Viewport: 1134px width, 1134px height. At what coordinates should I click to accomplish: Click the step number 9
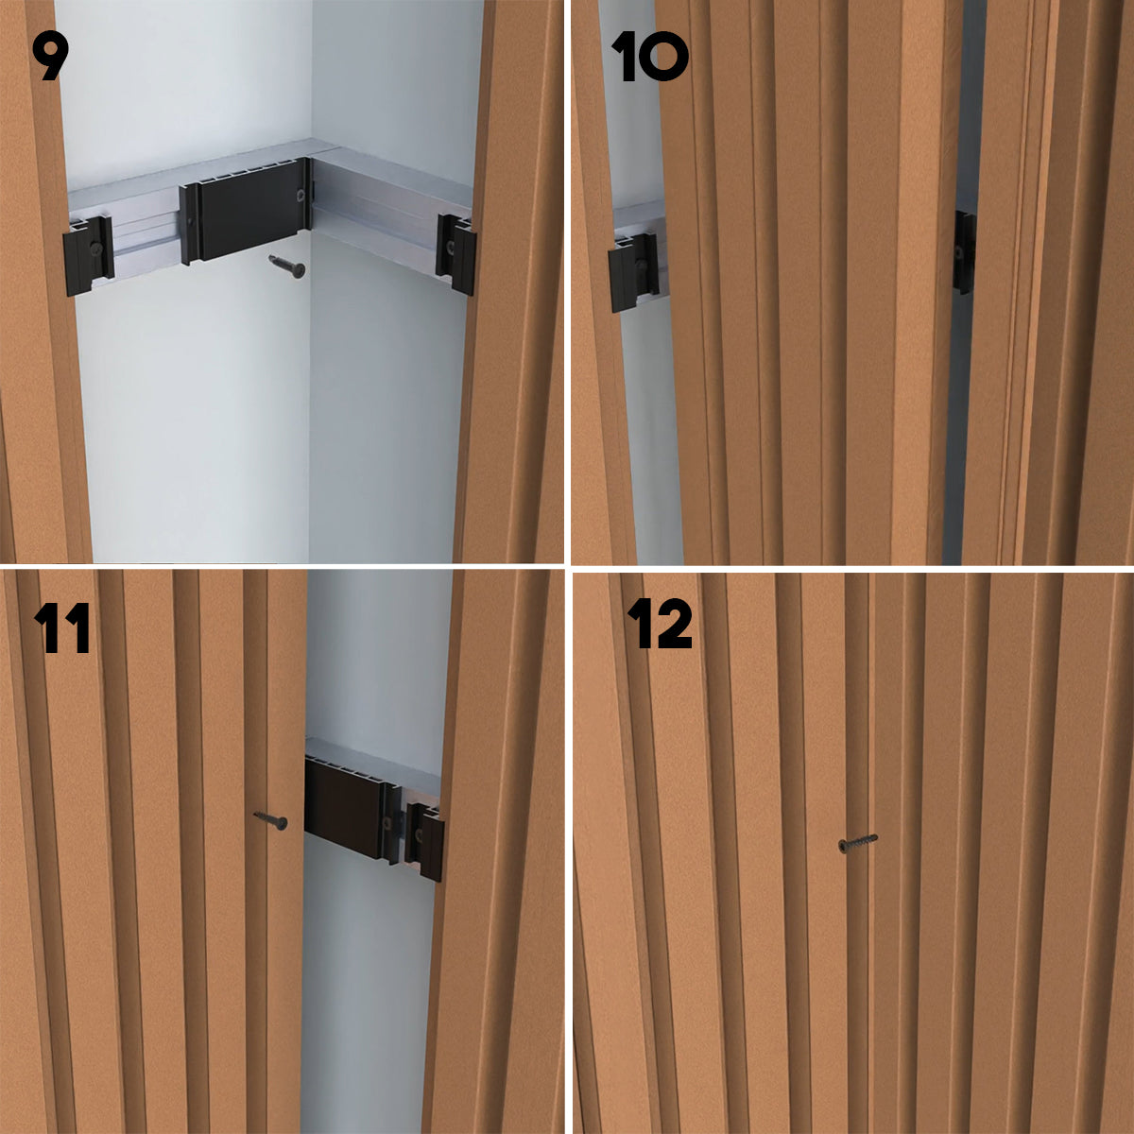click(x=50, y=56)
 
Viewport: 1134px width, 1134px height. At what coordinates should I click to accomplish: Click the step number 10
click(x=649, y=56)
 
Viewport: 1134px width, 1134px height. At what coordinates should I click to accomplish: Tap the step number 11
click(x=61, y=627)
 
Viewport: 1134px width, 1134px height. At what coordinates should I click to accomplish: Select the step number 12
click(x=660, y=624)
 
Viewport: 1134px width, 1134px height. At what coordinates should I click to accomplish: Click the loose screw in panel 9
click(x=288, y=266)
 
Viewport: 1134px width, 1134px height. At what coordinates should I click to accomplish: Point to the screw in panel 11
click(x=270, y=819)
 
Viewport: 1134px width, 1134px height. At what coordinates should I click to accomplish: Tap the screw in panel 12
click(x=857, y=843)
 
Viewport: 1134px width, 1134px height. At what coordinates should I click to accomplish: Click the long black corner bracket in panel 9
click(x=245, y=211)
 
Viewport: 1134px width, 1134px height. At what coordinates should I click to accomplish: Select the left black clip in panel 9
click(x=88, y=255)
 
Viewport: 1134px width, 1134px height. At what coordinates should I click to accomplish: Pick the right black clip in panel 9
click(x=455, y=253)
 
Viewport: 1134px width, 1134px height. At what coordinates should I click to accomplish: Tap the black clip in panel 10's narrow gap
click(x=963, y=252)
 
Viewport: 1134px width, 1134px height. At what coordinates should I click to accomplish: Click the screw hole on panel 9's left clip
click(x=95, y=249)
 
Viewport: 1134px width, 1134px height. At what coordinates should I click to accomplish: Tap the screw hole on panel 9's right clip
click(x=450, y=245)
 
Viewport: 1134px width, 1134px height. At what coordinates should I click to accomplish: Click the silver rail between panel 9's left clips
click(x=146, y=235)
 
